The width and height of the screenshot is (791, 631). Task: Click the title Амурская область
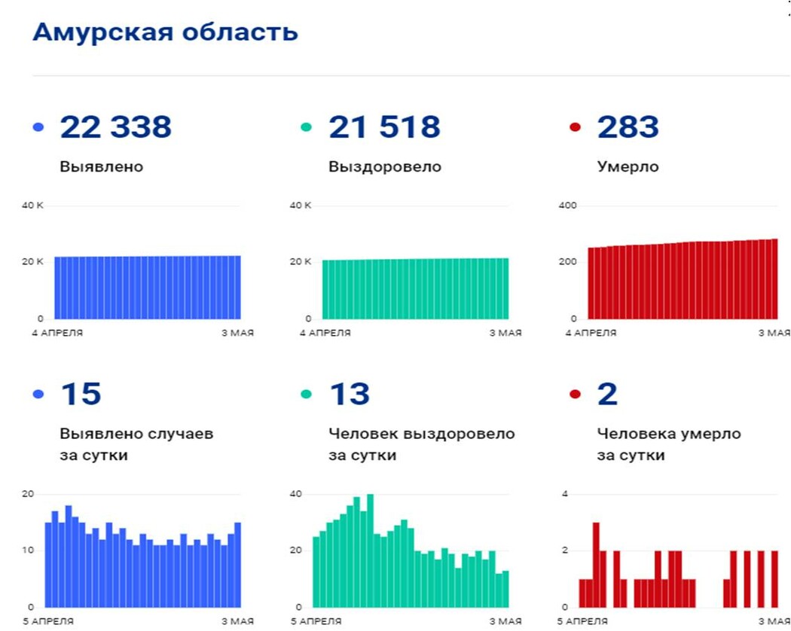(x=165, y=32)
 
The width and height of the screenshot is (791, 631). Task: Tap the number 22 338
(x=116, y=127)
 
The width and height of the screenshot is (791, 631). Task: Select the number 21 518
(x=384, y=127)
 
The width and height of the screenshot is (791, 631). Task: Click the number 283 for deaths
(x=628, y=127)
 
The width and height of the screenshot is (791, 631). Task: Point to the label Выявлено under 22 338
(x=101, y=166)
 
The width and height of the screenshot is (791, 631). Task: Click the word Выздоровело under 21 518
(x=384, y=166)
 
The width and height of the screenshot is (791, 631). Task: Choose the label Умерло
(x=628, y=166)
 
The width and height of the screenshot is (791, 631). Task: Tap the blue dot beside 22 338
(x=39, y=127)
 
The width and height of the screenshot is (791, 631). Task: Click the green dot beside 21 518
(x=306, y=127)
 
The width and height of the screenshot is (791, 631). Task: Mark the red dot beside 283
(x=576, y=127)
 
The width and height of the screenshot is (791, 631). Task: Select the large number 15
(x=81, y=395)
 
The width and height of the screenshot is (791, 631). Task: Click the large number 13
(x=350, y=395)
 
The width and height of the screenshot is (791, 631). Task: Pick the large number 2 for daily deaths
(x=607, y=395)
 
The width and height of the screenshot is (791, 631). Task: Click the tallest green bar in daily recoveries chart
(x=370, y=550)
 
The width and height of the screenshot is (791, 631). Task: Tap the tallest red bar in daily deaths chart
(x=596, y=565)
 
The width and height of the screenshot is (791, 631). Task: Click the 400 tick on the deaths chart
(x=567, y=206)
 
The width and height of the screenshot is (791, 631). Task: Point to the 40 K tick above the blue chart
(x=32, y=206)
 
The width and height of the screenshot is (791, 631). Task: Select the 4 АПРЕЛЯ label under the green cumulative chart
(x=326, y=333)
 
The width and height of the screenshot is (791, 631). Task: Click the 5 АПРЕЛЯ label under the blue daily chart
(x=48, y=621)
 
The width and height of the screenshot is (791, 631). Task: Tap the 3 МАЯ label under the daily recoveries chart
(x=505, y=621)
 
